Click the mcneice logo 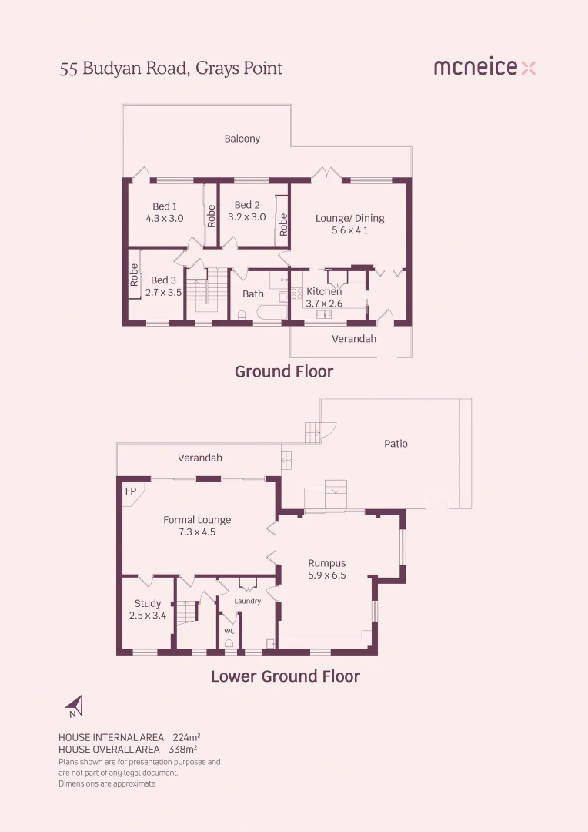[484, 68]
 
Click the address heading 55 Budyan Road [171, 69]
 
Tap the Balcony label [242, 139]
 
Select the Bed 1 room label [165, 206]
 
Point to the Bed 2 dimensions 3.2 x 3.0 [246, 217]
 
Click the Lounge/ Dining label [349, 218]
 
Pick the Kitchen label [324, 292]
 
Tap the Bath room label [253, 294]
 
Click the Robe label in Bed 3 [134, 275]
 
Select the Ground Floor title [284, 371]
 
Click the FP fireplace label [130, 490]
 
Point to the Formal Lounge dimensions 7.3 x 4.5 [197, 532]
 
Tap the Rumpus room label [327, 563]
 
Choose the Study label [148, 603]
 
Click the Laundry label [248, 601]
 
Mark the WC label [229, 631]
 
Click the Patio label [396, 443]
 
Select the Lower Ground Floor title [286, 676]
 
